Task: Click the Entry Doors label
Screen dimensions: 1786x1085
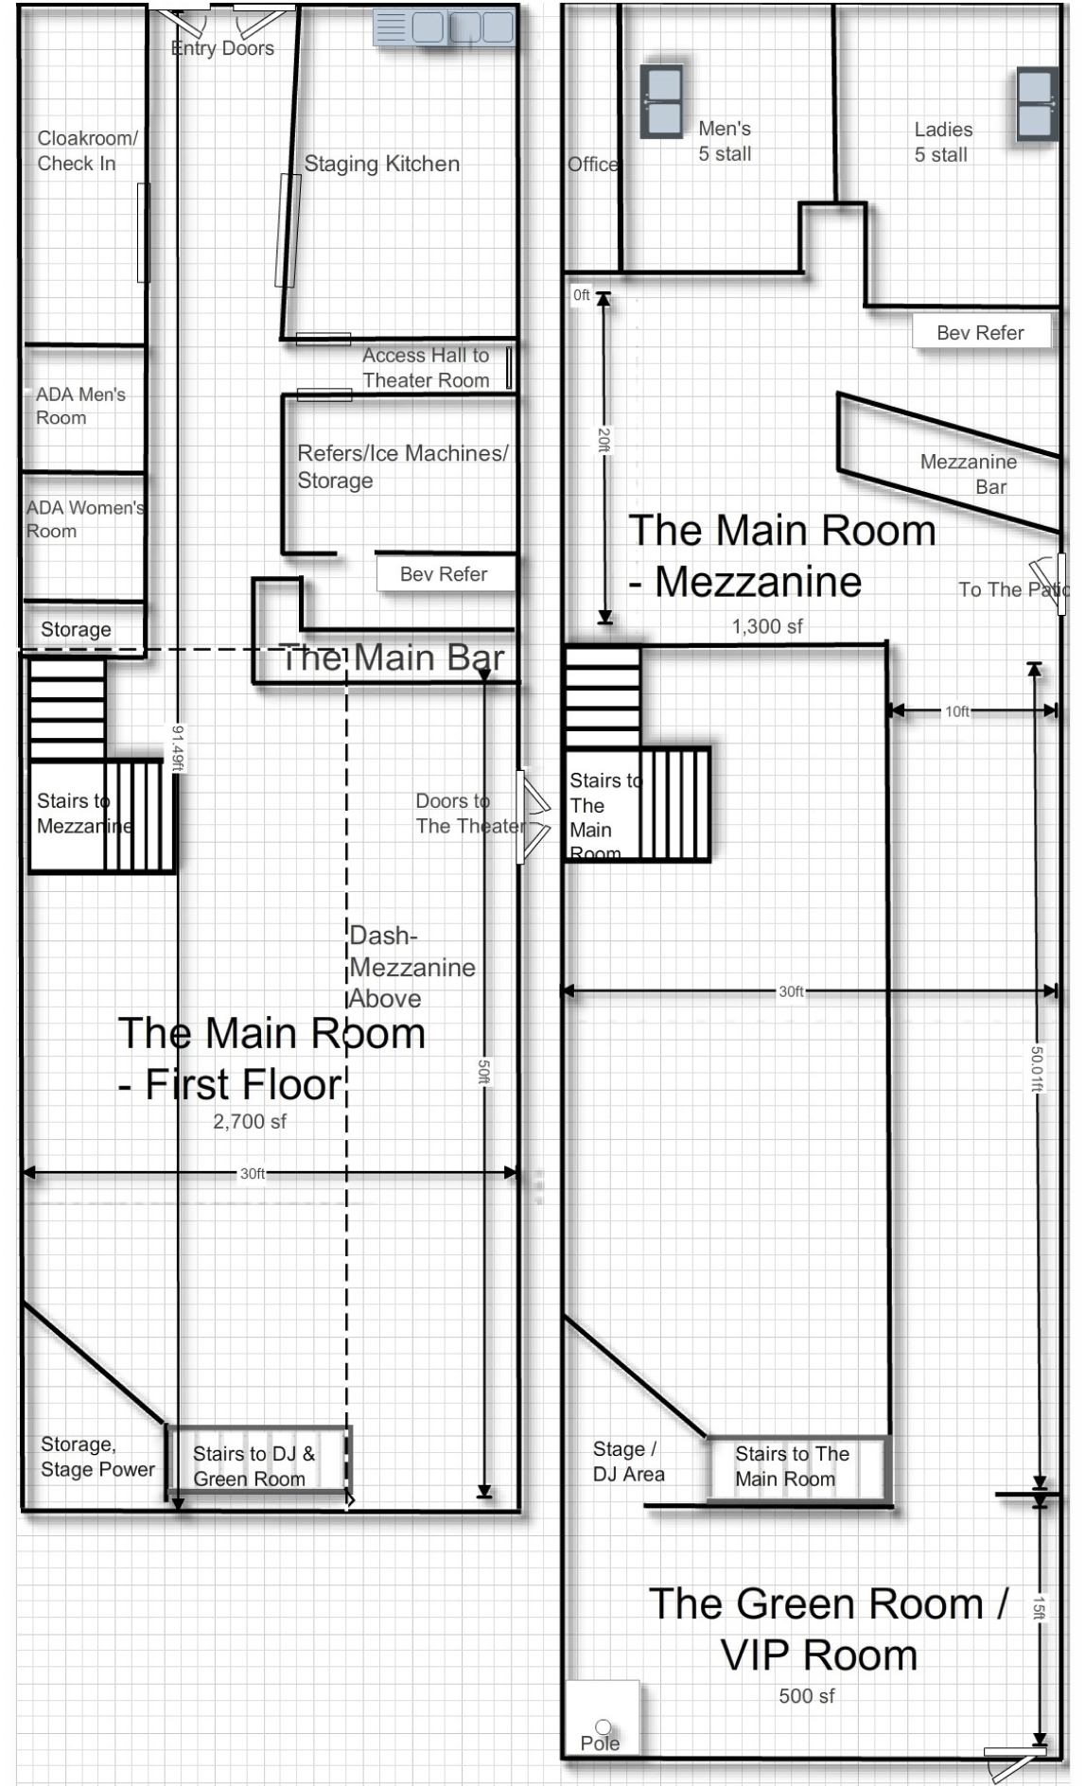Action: pyautogui.click(x=222, y=48)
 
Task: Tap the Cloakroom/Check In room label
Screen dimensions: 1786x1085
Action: pyautogui.click(x=86, y=150)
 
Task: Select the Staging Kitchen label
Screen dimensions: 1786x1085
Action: pyautogui.click(x=381, y=164)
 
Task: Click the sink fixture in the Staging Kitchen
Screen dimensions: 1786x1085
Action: pyautogui.click(x=445, y=27)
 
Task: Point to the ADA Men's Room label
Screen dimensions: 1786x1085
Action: pyautogui.click(x=79, y=406)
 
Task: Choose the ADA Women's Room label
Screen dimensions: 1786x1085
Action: pyautogui.click(x=83, y=518)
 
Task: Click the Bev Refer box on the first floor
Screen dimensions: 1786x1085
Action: pyautogui.click(x=444, y=574)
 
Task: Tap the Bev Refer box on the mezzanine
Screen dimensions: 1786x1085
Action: pyautogui.click(x=980, y=333)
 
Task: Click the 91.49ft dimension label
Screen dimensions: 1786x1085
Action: pyautogui.click(x=177, y=747)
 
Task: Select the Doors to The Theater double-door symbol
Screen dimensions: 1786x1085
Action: pyautogui.click(x=533, y=817)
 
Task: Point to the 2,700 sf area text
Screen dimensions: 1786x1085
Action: pyautogui.click(x=249, y=1122)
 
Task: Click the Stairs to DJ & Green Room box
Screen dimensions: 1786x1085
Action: pyautogui.click(x=255, y=1464)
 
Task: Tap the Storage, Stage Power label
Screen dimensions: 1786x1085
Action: pyautogui.click(x=96, y=1457)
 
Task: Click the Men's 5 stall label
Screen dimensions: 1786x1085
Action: pyautogui.click(x=725, y=141)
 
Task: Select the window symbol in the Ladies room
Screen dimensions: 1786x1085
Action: pyautogui.click(x=1036, y=104)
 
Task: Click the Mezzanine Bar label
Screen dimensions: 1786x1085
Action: pyautogui.click(x=970, y=474)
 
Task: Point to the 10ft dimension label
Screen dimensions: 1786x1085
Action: pyautogui.click(x=956, y=711)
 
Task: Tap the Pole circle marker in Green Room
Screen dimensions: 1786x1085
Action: pyautogui.click(x=603, y=1727)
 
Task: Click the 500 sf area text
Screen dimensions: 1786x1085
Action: pyautogui.click(x=806, y=1696)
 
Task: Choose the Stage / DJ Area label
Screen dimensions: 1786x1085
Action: pyautogui.click(x=628, y=1462)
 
